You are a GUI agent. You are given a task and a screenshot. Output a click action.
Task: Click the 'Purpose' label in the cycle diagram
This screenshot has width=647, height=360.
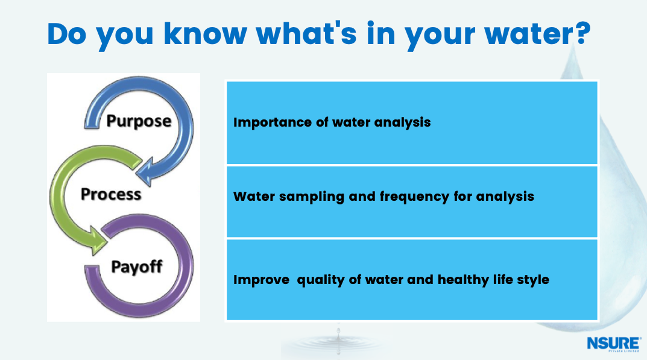click(139, 121)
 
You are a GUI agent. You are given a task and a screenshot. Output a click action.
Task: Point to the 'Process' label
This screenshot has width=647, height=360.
click(111, 194)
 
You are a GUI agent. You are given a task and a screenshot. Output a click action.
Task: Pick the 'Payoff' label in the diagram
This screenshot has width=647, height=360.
click(137, 267)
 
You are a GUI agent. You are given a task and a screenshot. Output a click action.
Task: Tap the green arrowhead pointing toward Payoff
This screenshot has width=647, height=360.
click(98, 241)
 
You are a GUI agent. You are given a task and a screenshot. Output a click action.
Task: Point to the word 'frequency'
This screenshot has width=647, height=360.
click(414, 197)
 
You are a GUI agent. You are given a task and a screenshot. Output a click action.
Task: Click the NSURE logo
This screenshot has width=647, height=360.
click(614, 344)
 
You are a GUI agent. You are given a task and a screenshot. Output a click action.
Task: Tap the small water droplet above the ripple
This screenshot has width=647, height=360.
click(338, 331)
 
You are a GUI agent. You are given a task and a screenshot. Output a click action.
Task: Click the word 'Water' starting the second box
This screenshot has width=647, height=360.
click(254, 197)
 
